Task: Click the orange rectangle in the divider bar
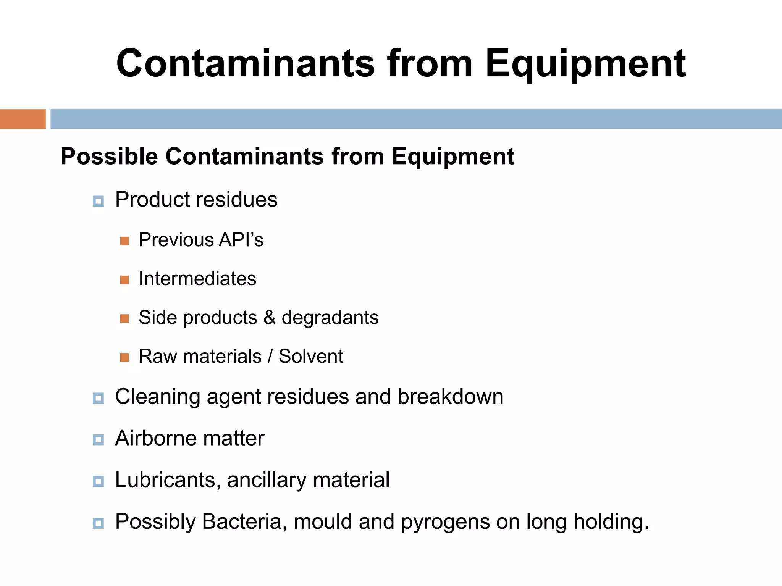click(x=23, y=119)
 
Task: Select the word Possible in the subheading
click(x=109, y=157)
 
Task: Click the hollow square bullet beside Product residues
click(x=98, y=201)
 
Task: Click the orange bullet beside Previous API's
click(x=124, y=241)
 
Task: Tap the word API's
click(x=241, y=240)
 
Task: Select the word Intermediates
click(x=197, y=279)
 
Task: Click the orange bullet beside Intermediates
click(x=124, y=280)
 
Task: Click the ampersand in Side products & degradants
click(x=269, y=318)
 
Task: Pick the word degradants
click(x=330, y=318)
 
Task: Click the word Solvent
click(x=310, y=356)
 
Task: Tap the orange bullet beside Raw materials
click(x=124, y=357)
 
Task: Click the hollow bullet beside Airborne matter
click(x=98, y=440)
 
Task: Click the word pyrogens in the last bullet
click(x=445, y=522)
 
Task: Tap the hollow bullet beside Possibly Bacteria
click(x=98, y=523)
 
